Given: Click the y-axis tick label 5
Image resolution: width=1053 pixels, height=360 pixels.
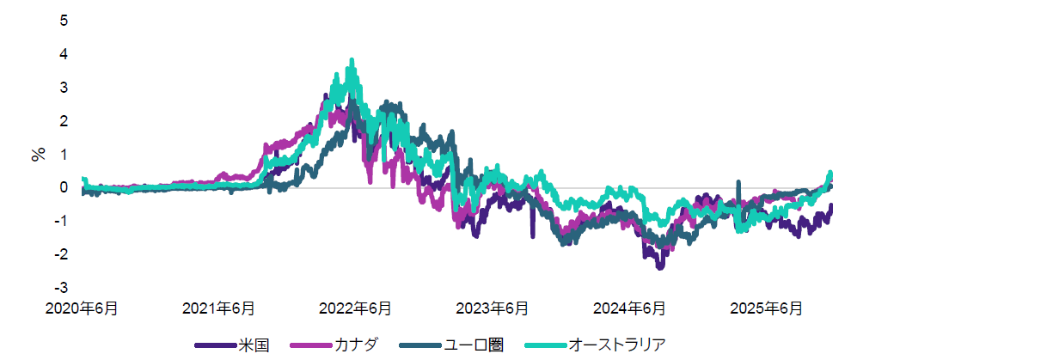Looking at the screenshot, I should [63, 20].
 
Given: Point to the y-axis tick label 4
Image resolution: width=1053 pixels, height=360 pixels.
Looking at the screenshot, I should [63, 53].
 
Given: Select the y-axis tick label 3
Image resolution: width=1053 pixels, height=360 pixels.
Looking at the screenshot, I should [63, 87].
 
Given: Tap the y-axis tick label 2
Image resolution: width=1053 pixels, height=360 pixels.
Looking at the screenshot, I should [63, 120].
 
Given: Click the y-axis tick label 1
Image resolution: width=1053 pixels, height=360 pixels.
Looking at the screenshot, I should [63, 154].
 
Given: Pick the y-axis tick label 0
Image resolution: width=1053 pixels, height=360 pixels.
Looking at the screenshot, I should [63, 187].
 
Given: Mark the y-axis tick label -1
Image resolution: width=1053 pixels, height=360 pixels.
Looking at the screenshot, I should [61, 221].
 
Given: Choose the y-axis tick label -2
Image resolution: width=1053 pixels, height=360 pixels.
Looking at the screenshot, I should [61, 254].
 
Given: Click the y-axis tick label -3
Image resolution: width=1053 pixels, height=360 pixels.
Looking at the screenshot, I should [61, 288].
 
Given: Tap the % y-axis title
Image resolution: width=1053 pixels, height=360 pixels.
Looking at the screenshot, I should [38, 155].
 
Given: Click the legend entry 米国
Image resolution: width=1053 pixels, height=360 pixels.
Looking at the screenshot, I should [255, 345].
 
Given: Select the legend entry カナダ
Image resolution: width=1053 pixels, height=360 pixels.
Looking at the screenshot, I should [359, 345].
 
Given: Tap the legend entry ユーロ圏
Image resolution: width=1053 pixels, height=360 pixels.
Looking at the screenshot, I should [474, 345].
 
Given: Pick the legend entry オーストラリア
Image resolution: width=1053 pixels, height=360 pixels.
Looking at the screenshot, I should [619, 345].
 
